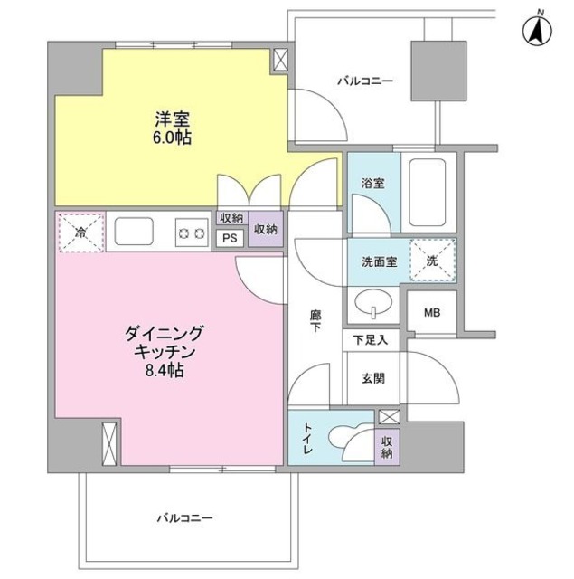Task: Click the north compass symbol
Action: pos(537,32)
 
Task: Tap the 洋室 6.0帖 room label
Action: pos(173,128)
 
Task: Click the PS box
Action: pos(230,238)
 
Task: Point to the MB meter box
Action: pos(432,312)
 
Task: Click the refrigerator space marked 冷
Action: pos(81,233)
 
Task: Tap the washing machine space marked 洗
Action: pos(433,261)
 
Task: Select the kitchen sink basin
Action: pos(134,232)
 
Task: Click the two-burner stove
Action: pos(191,233)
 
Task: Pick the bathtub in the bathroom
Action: pos(428,192)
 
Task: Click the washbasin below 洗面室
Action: pos(373,302)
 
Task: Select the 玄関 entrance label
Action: pos(373,378)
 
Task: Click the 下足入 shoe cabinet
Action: pos(372,340)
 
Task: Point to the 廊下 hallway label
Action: pos(315,321)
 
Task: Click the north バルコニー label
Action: pos(365,81)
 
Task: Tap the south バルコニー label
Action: pos(184,518)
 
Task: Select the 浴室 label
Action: pos(373,183)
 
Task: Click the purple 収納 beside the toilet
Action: pos(387,447)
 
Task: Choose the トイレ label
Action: pos(308,438)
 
